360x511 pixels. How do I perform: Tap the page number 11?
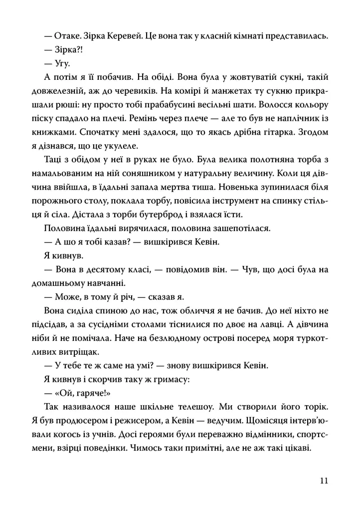324,481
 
